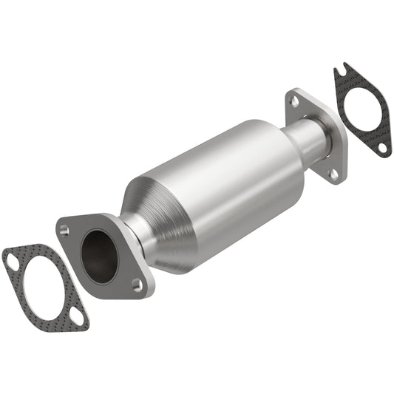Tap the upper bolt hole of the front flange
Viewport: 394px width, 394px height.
(65, 231)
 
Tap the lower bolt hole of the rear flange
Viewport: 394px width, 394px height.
(333, 174)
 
